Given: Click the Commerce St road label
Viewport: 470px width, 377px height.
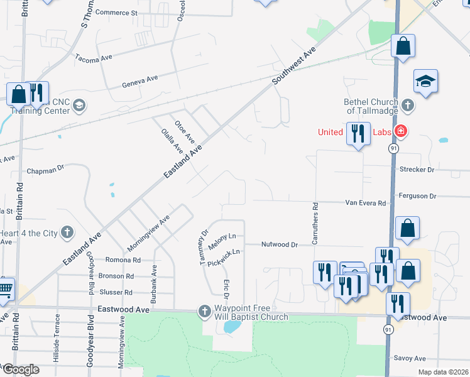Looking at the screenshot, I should pyautogui.click(x=116, y=13).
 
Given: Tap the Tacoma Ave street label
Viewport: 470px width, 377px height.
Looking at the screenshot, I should pyautogui.click(x=93, y=58).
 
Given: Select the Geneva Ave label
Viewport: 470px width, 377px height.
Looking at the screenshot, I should pyautogui.click(x=140, y=80).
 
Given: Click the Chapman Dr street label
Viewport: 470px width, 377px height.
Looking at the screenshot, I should pyautogui.click(x=46, y=170).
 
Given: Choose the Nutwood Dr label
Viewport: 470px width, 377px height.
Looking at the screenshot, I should pyautogui.click(x=279, y=244).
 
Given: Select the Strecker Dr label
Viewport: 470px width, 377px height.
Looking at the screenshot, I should pyautogui.click(x=417, y=170).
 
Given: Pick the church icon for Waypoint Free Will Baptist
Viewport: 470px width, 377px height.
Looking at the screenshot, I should pyautogui.click(x=204, y=311).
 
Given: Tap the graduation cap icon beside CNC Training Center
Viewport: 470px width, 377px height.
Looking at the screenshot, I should pyautogui.click(x=79, y=105).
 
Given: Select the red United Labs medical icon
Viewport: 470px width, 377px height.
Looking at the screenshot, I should pyautogui.click(x=401, y=132).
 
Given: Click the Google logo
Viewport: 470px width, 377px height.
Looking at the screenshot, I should pyautogui.click(x=21, y=369).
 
